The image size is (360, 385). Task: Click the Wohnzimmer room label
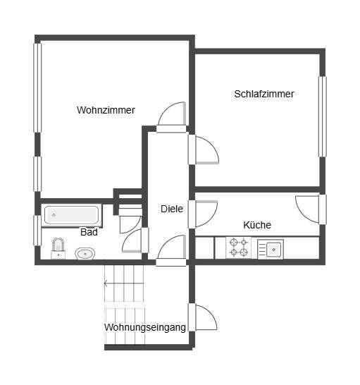[106, 110]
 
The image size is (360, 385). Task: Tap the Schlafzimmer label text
[264, 94]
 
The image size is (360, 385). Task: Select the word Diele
[172, 209]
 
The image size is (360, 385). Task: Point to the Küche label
[257, 225]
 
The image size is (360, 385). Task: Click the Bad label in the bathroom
[89, 232]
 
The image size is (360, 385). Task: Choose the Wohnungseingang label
[145, 327]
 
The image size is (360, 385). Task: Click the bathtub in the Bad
[71, 214]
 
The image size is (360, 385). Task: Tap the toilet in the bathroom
[58, 247]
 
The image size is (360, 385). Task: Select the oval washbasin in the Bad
[85, 252]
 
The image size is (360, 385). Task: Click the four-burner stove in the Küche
[238, 248]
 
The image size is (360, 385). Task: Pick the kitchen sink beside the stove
[271, 248]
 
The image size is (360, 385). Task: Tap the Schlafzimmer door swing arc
[205, 150]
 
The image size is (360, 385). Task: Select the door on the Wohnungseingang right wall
[203, 317]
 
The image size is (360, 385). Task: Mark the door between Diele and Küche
[205, 214]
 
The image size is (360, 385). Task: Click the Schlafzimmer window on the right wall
[322, 116]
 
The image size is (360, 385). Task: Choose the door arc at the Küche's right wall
[309, 208]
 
